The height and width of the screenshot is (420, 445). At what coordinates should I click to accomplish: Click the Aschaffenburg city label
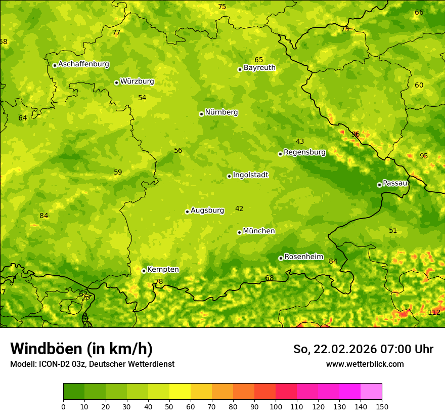coord(83,64)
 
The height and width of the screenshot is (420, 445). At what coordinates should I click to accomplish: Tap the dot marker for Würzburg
coord(116,82)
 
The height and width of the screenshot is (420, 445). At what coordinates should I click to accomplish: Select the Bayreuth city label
coord(259,68)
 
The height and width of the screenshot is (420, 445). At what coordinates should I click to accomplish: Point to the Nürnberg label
coord(221,112)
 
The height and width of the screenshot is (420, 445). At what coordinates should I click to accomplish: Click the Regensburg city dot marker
coord(280,154)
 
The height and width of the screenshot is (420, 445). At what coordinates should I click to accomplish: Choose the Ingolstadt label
coord(250,175)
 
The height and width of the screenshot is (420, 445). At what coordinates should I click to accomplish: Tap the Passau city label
coord(395,183)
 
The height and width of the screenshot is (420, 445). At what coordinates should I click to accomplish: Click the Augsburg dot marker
coord(187,212)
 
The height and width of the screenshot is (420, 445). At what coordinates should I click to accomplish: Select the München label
coord(259,231)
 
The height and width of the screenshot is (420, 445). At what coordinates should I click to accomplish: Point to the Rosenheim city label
coord(303,257)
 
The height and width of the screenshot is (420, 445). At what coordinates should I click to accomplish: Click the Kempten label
coord(163,270)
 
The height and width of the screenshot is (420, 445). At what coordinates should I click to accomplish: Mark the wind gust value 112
coord(434,312)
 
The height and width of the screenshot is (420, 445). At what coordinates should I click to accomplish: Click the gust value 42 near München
coord(239,209)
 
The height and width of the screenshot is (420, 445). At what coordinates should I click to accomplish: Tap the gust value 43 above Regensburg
coord(300,142)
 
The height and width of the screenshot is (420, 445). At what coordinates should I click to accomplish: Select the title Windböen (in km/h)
coord(81,349)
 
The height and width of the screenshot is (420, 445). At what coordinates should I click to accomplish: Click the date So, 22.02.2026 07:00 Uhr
coord(363,349)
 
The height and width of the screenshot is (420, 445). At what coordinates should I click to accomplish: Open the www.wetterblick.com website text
coord(365,364)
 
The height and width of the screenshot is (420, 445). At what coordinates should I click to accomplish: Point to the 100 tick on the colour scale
coord(276,406)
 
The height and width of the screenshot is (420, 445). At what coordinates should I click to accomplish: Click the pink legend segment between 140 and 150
coord(371,391)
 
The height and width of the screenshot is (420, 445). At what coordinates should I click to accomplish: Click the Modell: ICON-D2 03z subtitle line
coord(92,364)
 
